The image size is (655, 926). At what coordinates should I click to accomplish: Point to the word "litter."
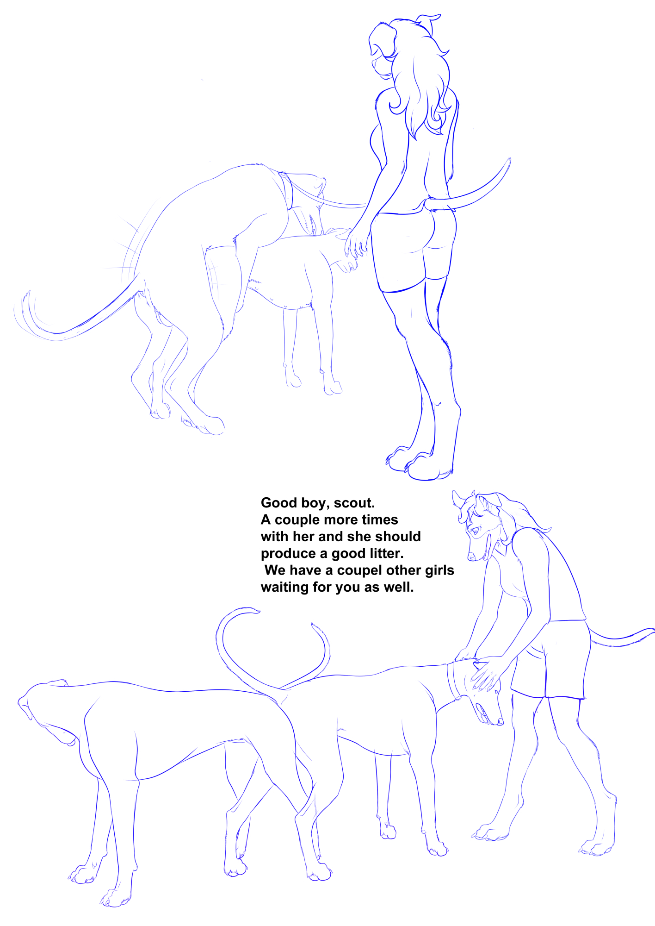pos(386,553)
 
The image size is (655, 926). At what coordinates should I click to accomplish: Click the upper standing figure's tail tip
pos(510,160)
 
